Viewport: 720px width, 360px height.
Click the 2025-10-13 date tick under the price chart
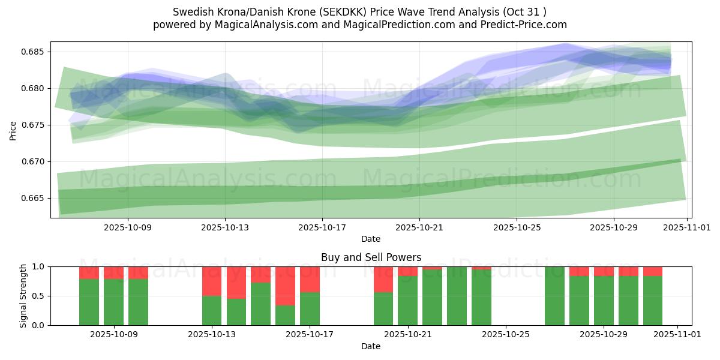click(x=225, y=228)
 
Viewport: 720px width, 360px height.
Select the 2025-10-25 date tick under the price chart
click(x=517, y=228)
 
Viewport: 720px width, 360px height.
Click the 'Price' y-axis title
click(x=13, y=130)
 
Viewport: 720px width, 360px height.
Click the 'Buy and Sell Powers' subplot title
click(x=371, y=257)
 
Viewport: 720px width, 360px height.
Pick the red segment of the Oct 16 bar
click(x=286, y=286)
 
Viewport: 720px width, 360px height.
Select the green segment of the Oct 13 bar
click(x=212, y=310)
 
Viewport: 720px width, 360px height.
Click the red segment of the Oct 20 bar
click(x=383, y=279)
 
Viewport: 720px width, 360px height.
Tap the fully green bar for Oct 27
click(x=554, y=296)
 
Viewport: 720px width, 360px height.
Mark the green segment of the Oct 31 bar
click(x=653, y=301)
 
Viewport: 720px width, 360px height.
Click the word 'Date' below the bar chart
click(x=371, y=346)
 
